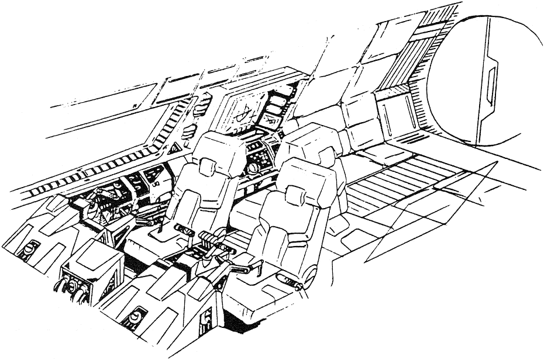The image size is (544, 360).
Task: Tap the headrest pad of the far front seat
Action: coord(208,165)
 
